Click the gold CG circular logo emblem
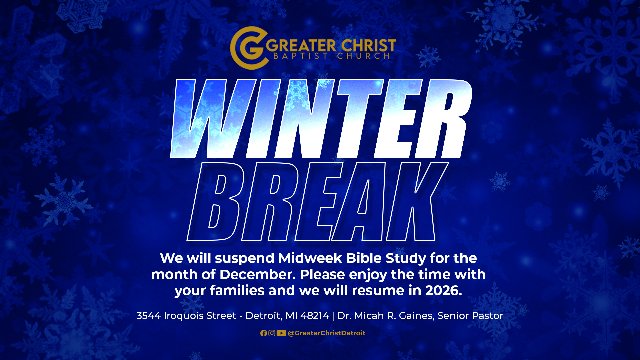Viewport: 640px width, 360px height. [249, 48]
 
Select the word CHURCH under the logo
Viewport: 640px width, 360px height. [363, 56]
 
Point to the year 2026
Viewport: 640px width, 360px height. [443, 290]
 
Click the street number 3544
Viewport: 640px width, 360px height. [148, 316]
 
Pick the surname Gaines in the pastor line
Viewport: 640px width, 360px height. [416, 316]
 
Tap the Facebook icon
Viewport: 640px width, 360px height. [264, 333]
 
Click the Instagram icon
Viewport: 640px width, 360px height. [272, 333]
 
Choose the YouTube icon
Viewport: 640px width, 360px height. [281, 333]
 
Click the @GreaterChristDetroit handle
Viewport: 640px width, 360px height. [326, 333]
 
